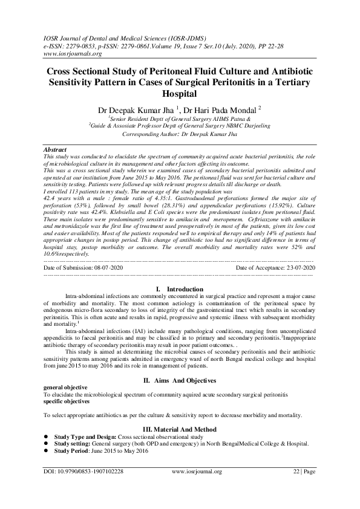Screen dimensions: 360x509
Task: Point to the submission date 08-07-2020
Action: pos(111,267)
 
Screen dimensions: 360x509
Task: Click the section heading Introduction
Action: pos(185,290)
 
